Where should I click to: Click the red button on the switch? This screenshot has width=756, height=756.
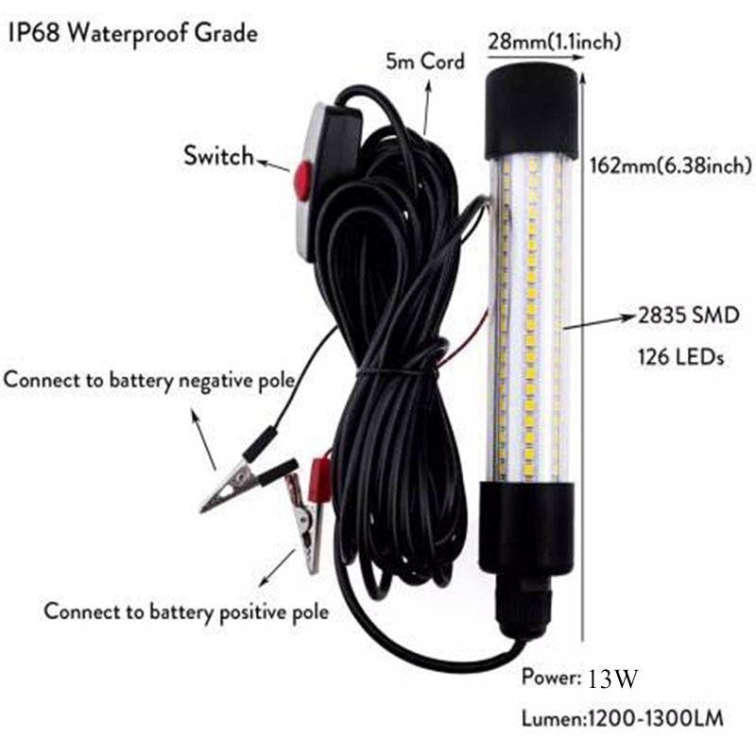(x=302, y=179)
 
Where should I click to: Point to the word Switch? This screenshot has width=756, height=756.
(x=219, y=156)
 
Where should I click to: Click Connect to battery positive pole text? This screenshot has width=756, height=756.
(x=186, y=611)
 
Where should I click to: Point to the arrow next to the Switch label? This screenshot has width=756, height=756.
(x=274, y=165)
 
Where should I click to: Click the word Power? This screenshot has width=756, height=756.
(x=550, y=679)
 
